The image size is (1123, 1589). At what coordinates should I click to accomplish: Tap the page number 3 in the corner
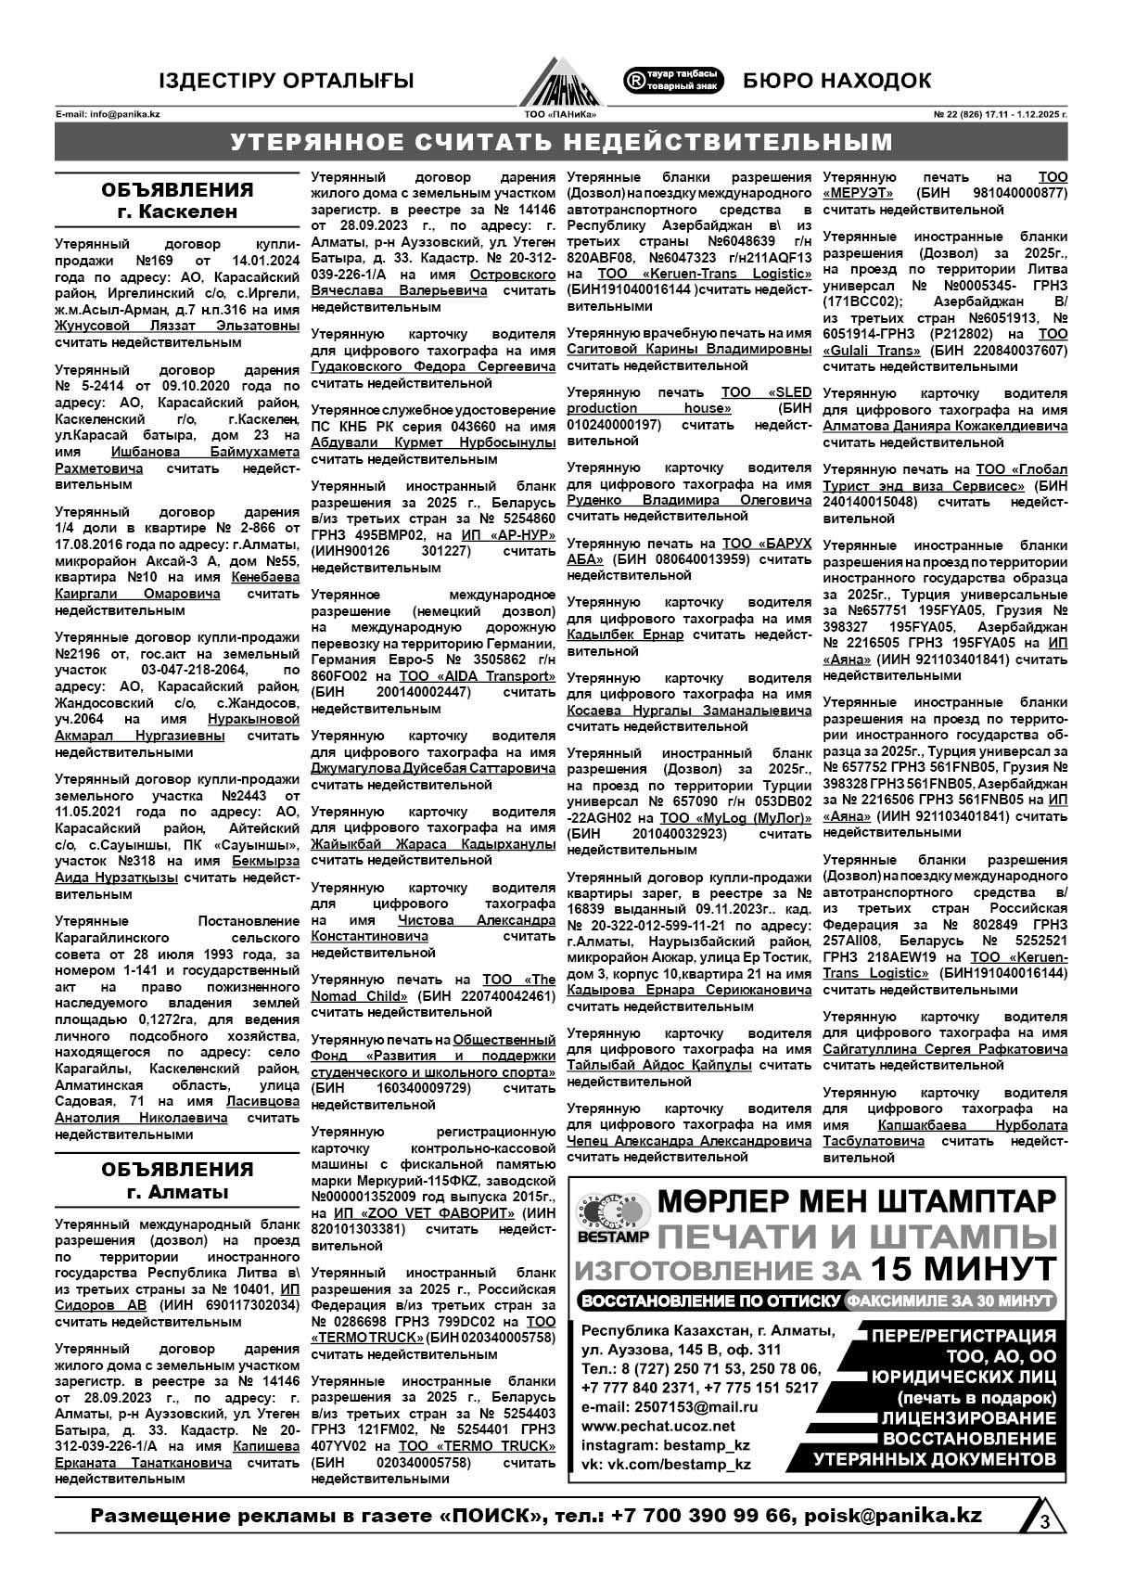tap(1044, 1522)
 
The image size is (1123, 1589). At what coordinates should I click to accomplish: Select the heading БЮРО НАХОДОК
tap(836, 81)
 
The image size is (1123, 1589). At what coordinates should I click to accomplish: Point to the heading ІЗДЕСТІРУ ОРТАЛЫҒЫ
tap(286, 81)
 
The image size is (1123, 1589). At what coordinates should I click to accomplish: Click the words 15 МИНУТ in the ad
tap(963, 1267)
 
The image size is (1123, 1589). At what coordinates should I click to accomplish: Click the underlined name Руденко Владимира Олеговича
tap(689, 500)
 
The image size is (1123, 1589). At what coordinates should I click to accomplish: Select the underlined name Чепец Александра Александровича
tap(689, 1140)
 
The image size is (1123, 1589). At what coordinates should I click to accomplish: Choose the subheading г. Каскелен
tap(177, 211)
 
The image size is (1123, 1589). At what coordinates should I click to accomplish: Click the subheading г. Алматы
tap(177, 1192)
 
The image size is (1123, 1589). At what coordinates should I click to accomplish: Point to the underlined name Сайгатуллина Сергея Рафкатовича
tap(945, 1049)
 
